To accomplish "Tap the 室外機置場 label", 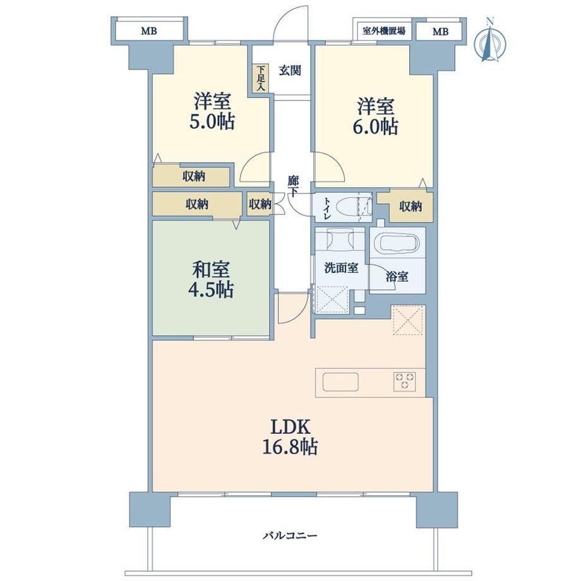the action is tap(383, 31).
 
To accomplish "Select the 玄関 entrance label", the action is tap(290, 70).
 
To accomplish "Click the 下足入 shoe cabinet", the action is tap(261, 78).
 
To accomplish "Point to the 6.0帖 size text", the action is tap(375, 127).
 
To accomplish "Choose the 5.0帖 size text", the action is tap(212, 121).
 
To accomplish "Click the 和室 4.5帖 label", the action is tap(211, 279).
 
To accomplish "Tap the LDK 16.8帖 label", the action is tap(290, 437).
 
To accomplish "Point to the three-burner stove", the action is tap(405, 381).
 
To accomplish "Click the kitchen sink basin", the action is tap(340, 382).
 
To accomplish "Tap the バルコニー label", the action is tap(290, 536).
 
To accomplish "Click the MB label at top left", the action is tap(149, 31).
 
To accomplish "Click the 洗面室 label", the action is tap(341, 268).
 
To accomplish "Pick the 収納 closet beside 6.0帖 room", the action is tap(410, 207).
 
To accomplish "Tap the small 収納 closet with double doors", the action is tap(260, 204).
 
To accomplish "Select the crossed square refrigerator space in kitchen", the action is tap(408, 320).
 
